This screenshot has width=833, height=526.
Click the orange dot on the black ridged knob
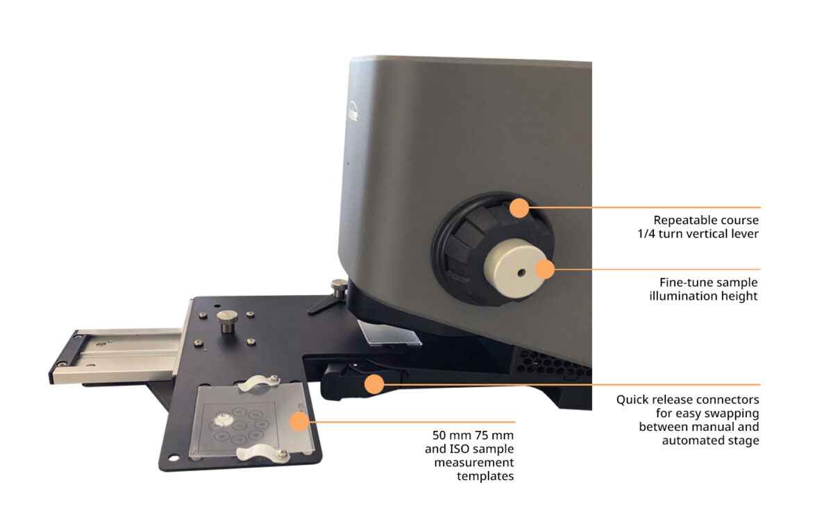point(519,207)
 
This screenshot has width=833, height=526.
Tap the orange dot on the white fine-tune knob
point(546,269)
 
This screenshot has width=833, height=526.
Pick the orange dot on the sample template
point(299,421)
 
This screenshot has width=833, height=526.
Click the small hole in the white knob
point(521,272)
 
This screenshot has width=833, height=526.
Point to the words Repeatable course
point(705,221)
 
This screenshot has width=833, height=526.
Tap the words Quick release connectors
point(687,400)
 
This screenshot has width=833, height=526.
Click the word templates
point(485,475)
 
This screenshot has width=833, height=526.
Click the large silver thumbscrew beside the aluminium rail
point(226,323)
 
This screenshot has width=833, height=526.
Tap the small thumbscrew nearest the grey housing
point(338,287)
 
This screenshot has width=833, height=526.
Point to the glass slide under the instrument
point(389,333)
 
